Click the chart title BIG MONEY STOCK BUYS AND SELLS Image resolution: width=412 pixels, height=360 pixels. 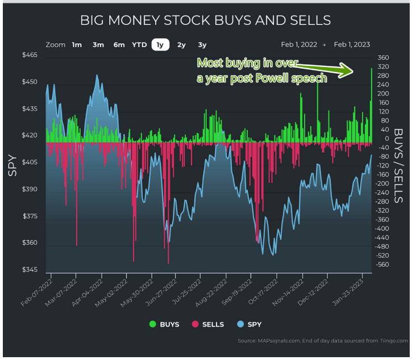(x=205, y=21)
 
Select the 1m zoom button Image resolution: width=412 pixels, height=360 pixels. (x=77, y=45)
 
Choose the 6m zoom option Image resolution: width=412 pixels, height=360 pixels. (x=119, y=45)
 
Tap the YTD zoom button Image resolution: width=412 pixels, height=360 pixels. (x=139, y=45)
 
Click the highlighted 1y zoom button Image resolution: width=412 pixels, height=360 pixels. (x=161, y=45)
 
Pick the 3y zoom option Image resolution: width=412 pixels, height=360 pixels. (x=202, y=45)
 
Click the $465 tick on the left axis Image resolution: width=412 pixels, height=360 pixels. (x=30, y=55)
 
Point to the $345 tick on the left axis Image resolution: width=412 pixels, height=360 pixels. (x=30, y=270)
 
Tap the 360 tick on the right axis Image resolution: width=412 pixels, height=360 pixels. (x=382, y=57)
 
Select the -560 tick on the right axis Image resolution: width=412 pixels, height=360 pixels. (x=382, y=264)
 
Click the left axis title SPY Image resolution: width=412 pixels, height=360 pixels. (x=12, y=165)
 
